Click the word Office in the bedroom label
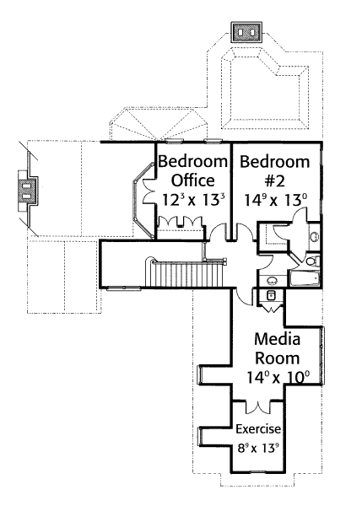point(192,180)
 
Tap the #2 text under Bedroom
point(275,181)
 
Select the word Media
point(278,339)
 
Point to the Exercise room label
point(258,429)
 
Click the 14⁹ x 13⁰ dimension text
point(275,201)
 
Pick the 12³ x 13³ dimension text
point(192,200)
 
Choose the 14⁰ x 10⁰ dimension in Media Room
point(278,377)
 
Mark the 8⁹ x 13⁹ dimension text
point(258,448)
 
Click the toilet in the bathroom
point(312,260)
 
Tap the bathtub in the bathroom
point(305,279)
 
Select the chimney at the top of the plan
point(246,32)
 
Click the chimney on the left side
point(25,191)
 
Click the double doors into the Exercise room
point(257,407)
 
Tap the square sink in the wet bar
point(271,295)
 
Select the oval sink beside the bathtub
point(272,281)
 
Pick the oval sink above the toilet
point(313,236)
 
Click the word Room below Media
point(278,358)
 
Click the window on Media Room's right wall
point(321,355)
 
